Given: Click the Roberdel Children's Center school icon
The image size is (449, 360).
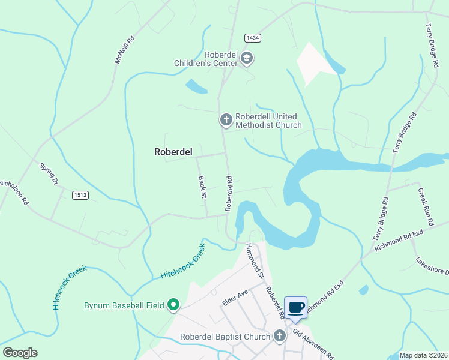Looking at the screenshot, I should click(247, 58).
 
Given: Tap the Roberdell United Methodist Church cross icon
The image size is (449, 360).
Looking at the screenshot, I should click(226, 121).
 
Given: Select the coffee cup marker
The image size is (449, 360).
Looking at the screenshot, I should click(296, 308).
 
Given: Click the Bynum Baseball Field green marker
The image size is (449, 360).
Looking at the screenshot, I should click(173, 305).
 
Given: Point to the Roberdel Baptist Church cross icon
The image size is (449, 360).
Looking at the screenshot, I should click(279, 337).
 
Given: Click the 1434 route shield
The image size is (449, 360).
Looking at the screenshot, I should click(252, 38).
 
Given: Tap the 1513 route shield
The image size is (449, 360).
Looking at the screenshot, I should click(80, 195).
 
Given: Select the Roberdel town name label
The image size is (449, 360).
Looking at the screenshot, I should click(173, 152).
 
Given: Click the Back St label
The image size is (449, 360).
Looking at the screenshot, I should click(202, 187).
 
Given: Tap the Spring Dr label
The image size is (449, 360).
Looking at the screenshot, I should click(49, 173).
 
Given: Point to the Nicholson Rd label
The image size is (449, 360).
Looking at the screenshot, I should click(14, 193).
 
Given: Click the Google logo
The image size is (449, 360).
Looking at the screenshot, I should click(20, 353).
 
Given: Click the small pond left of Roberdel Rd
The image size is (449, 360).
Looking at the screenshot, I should click(196, 86).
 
